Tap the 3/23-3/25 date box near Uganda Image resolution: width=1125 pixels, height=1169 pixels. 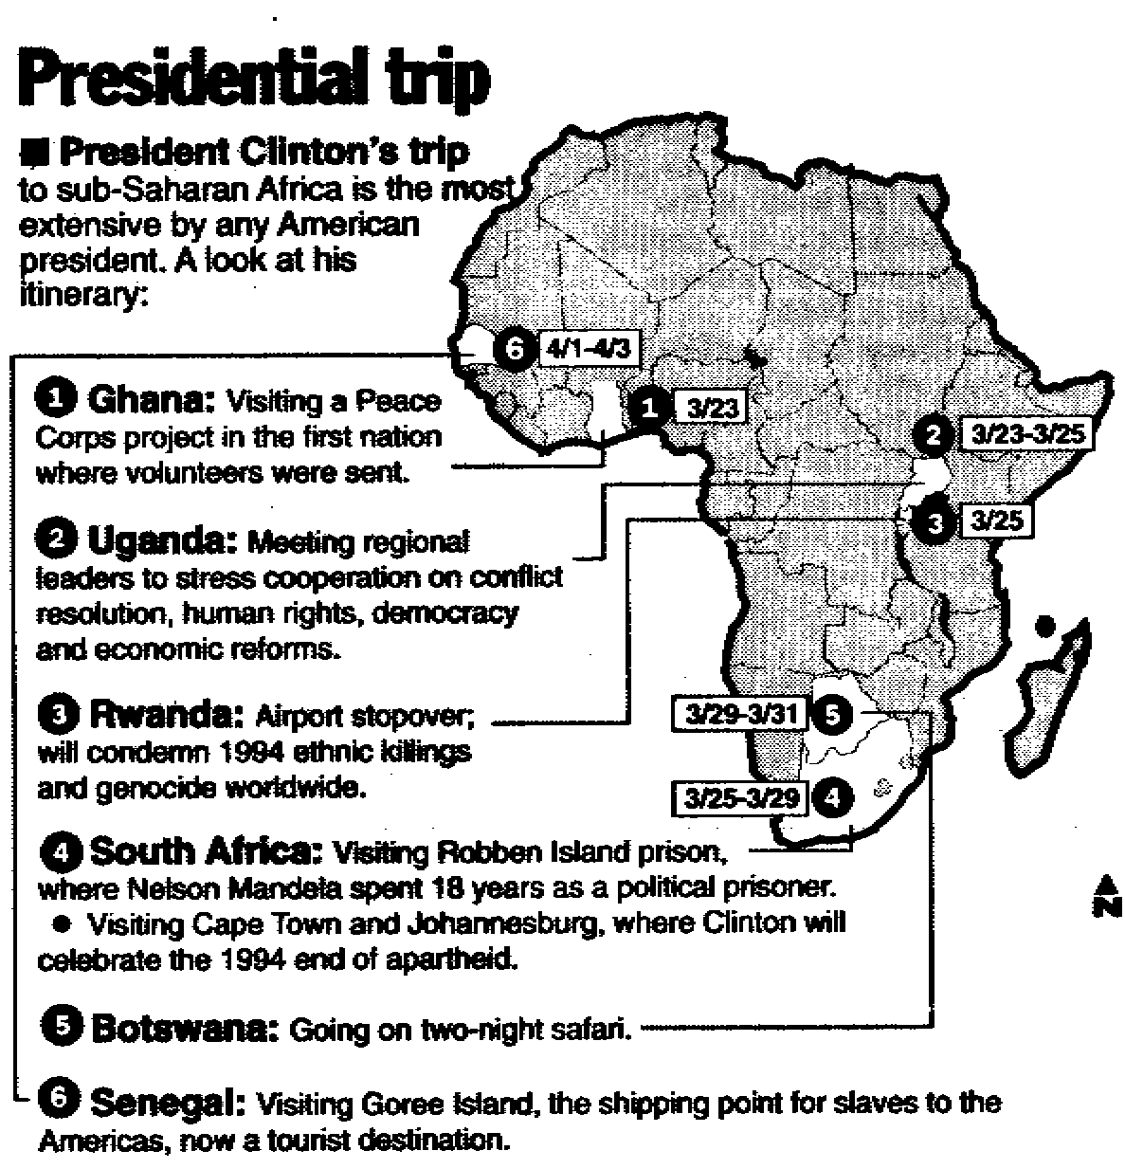[1022, 434]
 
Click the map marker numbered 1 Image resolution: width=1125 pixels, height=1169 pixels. [649, 407]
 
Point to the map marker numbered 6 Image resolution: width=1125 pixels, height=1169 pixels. [514, 350]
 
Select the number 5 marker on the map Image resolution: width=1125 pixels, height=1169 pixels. [831, 714]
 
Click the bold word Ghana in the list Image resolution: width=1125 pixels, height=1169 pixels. [151, 400]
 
